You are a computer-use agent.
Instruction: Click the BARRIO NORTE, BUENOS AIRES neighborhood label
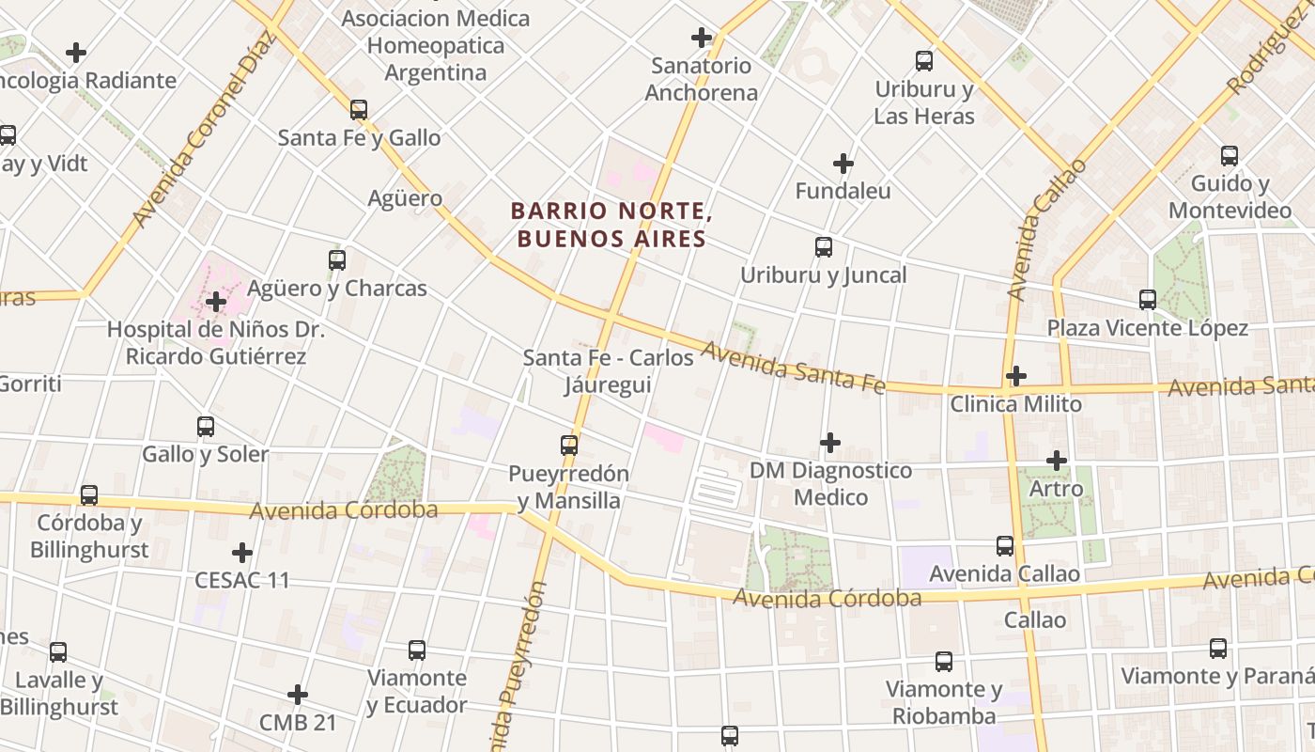611,226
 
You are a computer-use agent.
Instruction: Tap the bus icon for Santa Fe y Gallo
358,110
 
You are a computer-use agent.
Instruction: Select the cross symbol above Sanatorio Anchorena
701,38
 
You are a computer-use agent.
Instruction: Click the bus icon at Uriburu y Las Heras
924,61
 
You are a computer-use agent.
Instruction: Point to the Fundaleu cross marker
843,164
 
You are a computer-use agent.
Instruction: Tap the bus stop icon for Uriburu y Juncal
824,247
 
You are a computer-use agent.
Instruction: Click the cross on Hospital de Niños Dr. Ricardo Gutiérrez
216,302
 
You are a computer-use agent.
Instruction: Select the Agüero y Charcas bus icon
337,260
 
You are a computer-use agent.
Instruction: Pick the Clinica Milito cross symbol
1015,376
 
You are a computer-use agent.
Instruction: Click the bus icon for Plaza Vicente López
1148,300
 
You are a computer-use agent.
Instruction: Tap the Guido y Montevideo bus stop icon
1230,156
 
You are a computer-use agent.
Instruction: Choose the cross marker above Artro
1057,461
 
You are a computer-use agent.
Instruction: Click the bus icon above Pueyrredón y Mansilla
569,446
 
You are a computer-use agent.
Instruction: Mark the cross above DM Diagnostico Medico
830,442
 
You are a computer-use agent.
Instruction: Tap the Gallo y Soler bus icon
206,427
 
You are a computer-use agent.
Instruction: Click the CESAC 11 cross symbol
242,552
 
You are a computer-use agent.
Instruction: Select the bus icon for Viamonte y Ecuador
417,650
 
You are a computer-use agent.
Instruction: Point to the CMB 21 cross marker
298,695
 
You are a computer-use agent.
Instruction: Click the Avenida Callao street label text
1045,230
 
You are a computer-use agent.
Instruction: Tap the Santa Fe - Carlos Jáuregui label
609,371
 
